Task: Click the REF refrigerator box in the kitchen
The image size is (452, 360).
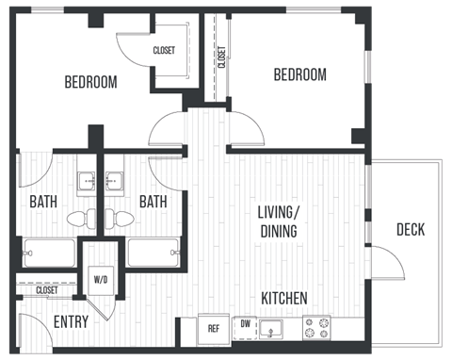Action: [214, 329]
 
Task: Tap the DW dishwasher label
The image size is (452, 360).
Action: [245, 323]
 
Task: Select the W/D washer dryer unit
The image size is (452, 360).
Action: [101, 278]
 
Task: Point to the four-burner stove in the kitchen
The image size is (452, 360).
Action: [316, 328]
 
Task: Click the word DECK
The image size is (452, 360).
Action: [410, 229]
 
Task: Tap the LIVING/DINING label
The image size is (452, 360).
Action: [278, 221]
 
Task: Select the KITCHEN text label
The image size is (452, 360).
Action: [283, 299]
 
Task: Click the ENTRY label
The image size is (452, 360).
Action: [72, 321]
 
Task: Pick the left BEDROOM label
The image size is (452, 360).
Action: [90, 82]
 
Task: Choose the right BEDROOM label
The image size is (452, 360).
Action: [300, 74]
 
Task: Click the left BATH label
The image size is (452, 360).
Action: [42, 201]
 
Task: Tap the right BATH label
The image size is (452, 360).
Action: [153, 201]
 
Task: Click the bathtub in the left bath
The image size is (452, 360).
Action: [49, 253]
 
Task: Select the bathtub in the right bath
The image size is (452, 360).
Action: [153, 253]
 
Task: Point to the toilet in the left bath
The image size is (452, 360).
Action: [81, 219]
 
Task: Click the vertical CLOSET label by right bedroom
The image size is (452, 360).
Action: [221, 58]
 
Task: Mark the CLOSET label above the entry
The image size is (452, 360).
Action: [46, 290]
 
